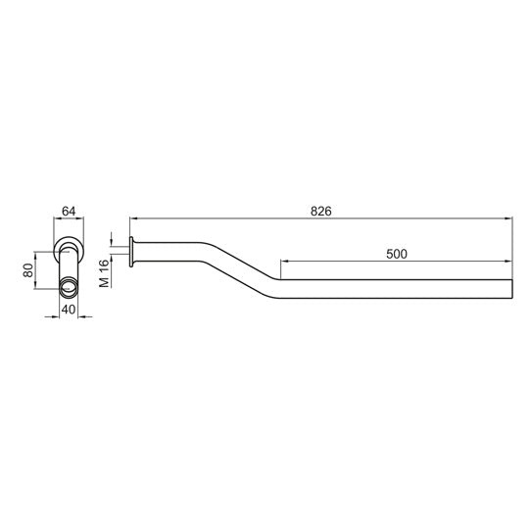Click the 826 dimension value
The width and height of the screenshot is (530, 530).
[x=320, y=212]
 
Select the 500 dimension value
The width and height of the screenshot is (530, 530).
[x=397, y=254]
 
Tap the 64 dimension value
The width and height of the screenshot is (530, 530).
[x=69, y=212]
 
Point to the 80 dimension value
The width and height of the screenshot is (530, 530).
[x=28, y=270]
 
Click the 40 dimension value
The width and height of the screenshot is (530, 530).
[x=69, y=310]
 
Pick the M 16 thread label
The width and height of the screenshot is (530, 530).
[x=105, y=273]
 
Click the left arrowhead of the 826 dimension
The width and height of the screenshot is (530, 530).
[x=134, y=218]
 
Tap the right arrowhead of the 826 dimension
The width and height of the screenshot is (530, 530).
[x=508, y=218]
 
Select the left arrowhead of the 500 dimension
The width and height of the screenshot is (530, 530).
[x=285, y=261]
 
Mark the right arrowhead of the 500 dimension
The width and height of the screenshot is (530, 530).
[x=508, y=261]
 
